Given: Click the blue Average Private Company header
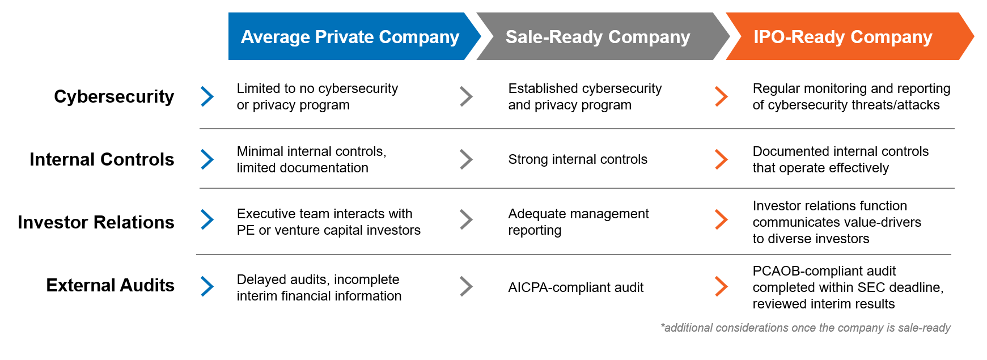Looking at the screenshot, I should pos(350,37).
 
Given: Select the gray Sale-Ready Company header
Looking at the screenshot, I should pos(598,37).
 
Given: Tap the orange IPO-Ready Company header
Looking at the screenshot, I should pos(842,37).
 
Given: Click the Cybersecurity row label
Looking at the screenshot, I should pos(114,96).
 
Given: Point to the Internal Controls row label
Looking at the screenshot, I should pos(102,159).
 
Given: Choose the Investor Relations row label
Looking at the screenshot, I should pos(96,222).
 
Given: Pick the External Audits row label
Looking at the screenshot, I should pos(110,285).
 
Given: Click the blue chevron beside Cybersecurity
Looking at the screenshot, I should pos(207,96).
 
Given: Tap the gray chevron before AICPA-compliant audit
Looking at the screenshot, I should pos(466,286).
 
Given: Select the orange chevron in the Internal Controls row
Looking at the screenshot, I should pos(721,159).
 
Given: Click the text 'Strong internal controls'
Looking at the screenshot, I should pos(577,159).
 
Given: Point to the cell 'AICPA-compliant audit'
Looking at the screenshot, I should pos(575,287).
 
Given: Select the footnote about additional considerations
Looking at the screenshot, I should pos(805,328).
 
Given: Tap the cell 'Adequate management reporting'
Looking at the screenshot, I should pos(578,222).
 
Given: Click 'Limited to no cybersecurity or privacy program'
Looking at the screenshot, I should pos(317,96).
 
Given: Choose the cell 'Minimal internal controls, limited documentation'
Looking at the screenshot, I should pos(311,159).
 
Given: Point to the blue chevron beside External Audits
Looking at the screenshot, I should pos(207,286).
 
